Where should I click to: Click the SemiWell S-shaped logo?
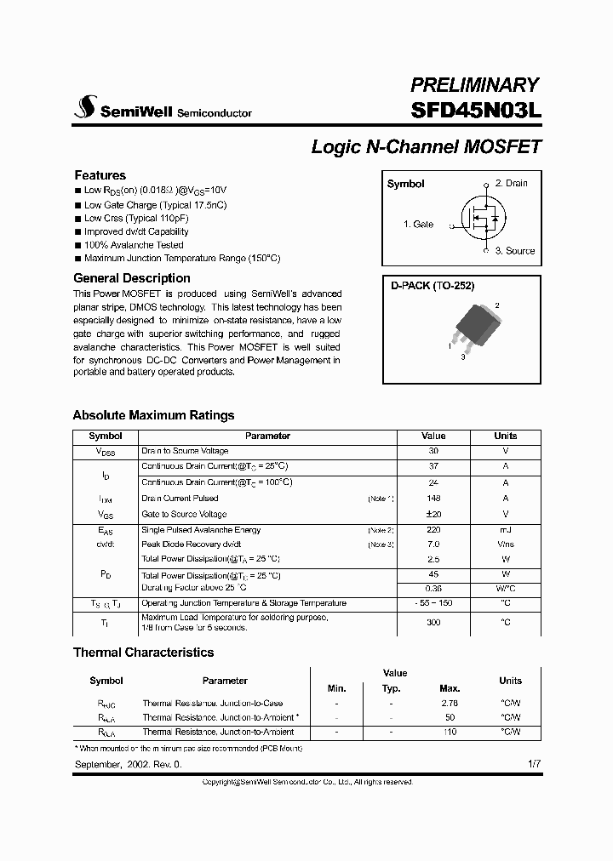86,106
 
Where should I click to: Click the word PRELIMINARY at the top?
474,84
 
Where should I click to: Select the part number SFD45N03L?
476,111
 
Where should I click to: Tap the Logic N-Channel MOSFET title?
426,146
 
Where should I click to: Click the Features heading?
100,175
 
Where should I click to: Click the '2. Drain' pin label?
511,183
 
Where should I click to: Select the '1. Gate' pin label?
418,225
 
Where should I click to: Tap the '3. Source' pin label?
515,251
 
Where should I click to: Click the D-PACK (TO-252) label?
433,287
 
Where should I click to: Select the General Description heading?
132,278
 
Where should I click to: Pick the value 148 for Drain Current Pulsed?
433,499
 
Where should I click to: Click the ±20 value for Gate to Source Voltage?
433,514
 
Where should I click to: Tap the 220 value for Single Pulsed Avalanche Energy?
433,530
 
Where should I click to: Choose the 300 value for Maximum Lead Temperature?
433,622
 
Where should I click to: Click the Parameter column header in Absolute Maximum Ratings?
267,436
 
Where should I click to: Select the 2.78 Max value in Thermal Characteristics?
450,704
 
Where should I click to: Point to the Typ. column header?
391,688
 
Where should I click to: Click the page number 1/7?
534,765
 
